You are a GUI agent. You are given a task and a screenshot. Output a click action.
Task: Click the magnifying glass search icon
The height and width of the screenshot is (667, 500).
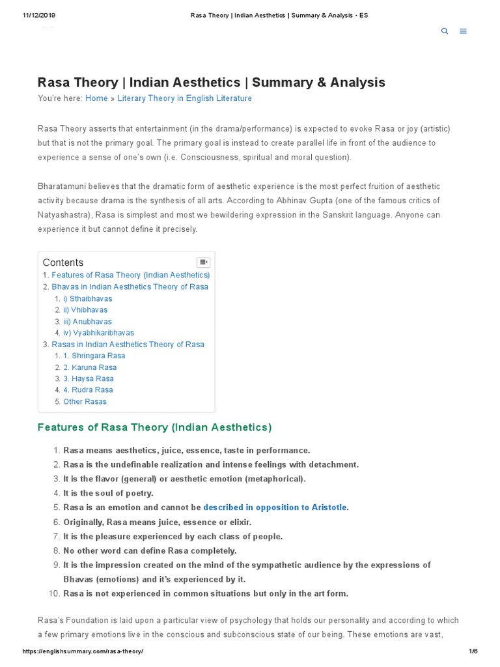point(445,31)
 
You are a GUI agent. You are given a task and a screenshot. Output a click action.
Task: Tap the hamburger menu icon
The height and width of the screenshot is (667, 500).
point(463,31)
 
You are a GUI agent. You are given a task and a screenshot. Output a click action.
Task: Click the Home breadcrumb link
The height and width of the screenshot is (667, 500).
point(96,98)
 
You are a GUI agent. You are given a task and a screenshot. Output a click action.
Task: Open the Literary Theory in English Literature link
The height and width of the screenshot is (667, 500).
point(184,98)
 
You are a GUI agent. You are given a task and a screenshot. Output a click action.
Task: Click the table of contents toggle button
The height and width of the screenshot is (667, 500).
point(203,262)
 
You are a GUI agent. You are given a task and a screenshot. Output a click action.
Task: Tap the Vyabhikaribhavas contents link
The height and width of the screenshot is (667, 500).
point(98,333)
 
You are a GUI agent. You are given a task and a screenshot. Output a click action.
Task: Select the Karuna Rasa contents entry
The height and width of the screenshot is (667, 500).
point(90,367)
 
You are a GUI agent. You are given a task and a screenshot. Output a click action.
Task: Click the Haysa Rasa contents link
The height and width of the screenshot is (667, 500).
point(89,378)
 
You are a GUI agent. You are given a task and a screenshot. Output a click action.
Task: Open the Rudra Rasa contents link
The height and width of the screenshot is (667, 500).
point(88,390)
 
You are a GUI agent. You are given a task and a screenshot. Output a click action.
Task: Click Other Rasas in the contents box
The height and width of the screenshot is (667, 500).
point(85,401)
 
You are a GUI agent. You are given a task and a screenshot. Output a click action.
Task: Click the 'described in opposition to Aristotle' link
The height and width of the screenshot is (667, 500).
point(276,507)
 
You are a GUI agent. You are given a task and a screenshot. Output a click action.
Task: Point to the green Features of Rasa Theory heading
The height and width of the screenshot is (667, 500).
point(154,427)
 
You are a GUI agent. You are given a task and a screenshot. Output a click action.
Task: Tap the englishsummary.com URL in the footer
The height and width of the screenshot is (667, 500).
point(83,651)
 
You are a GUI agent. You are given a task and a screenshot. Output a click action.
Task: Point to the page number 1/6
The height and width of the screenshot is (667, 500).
point(473,651)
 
